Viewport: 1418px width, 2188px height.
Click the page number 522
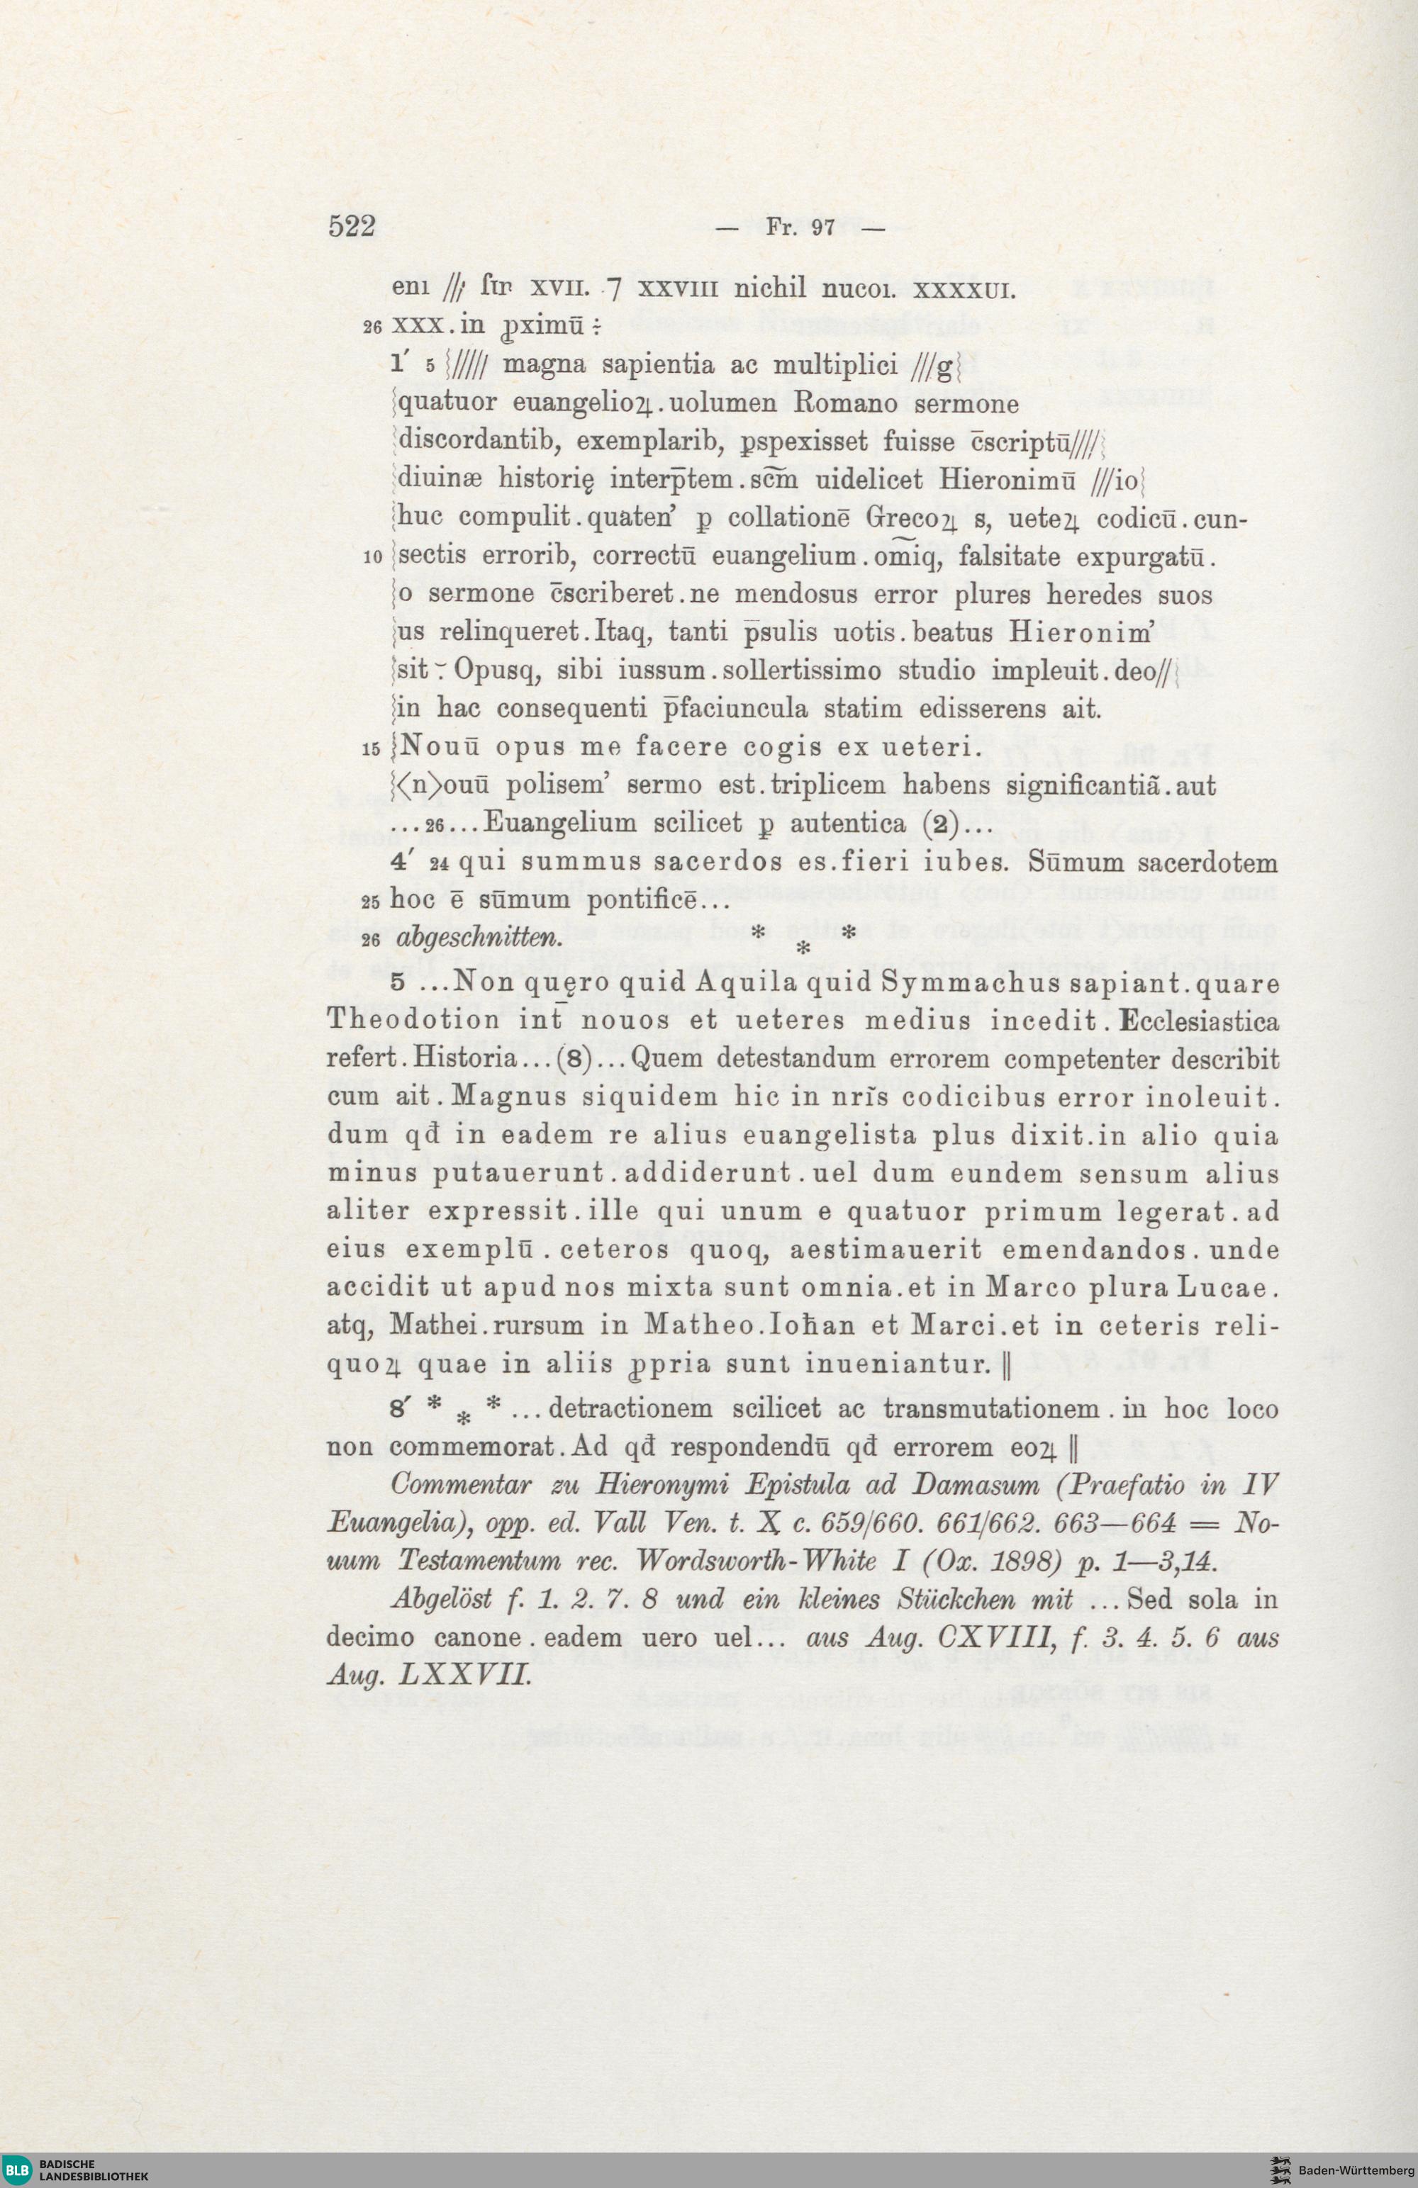tap(353, 226)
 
